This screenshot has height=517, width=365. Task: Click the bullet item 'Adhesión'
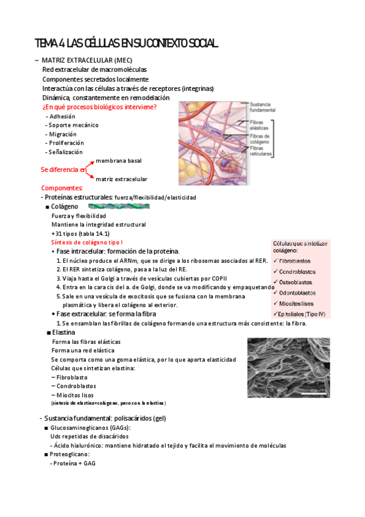click(x=62, y=116)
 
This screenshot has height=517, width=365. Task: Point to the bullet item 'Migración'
click(x=63, y=134)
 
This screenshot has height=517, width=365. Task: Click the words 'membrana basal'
click(x=119, y=160)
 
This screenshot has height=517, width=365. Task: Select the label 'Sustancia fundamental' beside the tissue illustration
click(x=263, y=107)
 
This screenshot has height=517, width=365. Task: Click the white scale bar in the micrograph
click(x=314, y=394)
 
